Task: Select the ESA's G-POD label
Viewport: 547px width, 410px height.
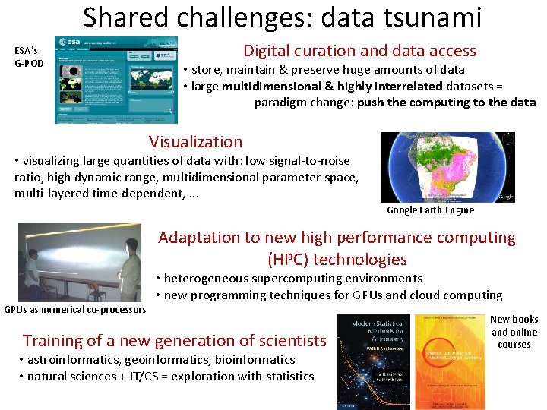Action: coord(29,57)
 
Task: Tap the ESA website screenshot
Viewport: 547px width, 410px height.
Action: coord(117,79)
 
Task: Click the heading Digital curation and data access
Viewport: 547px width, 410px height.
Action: coord(359,51)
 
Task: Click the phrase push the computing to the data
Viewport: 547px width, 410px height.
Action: coord(446,102)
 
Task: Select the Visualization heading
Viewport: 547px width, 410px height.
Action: coord(196,141)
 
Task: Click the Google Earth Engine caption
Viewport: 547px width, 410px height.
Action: coord(430,210)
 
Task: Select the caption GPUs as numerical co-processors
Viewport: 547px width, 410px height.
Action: coord(75,309)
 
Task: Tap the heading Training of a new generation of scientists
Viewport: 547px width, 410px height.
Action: coord(174,341)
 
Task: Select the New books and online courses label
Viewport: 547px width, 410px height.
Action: coord(514,332)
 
